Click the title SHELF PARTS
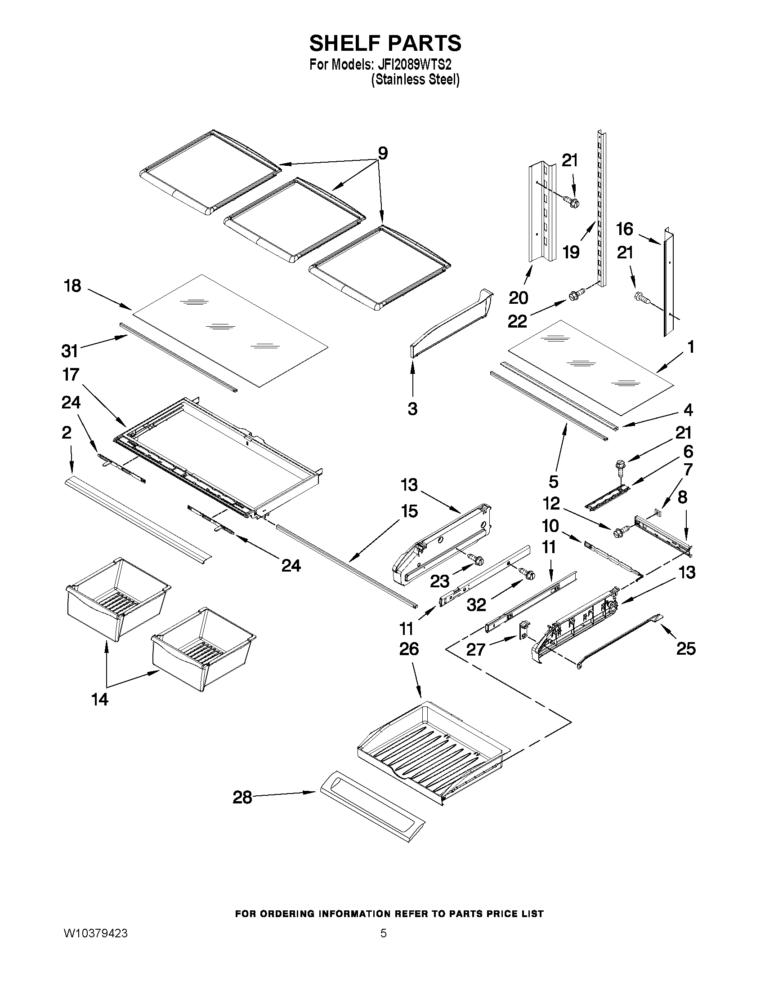[x=385, y=44]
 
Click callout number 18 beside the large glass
[x=73, y=286]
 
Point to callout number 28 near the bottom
[x=242, y=798]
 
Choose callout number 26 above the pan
[x=409, y=649]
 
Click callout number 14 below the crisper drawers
[x=100, y=699]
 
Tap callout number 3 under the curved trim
[x=412, y=409]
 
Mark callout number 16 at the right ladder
[x=625, y=229]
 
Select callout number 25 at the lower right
[x=686, y=649]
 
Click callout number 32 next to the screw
[x=476, y=604]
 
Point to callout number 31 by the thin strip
[x=70, y=350]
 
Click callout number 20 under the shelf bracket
[x=519, y=298]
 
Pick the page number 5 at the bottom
[x=384, y=933]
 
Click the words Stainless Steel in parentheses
[x=415, y=80]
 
